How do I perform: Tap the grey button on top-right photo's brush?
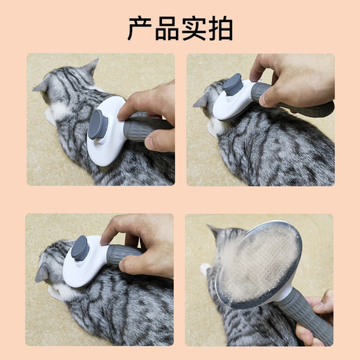[233, 84]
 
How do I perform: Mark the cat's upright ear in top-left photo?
[89, 68]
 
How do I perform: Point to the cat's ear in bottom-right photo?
[215, 231]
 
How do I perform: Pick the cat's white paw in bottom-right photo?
[205, 269]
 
